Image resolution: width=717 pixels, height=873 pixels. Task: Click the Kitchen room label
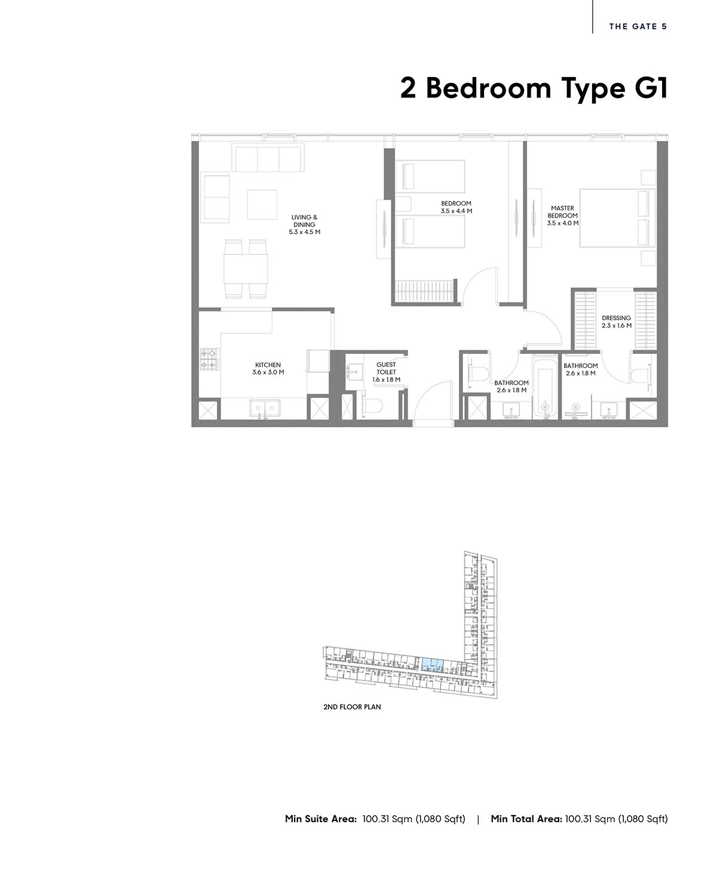[x=268, y=369]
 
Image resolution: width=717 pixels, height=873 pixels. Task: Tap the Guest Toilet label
[x=386, y=372]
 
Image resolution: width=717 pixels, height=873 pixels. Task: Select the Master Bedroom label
[x=563, y=216]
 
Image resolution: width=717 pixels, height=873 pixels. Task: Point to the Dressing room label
[x=617, y=321]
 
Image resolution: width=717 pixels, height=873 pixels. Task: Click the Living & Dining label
[x=304, y=224]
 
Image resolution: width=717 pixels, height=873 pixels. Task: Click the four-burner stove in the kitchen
[x=210, y=359]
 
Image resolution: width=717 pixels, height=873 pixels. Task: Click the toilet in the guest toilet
[x=371, y=406]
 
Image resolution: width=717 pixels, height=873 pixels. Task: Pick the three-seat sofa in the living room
[x=268, y=157]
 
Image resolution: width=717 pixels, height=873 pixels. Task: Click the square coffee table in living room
[x=262, y=204]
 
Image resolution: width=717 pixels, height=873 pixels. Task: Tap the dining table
[x=246, y=269]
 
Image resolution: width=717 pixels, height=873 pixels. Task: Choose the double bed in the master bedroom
[x=617, y=218]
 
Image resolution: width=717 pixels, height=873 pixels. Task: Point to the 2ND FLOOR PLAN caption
[x=353, y=707]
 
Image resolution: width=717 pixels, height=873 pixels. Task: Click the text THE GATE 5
[x=638, y=26]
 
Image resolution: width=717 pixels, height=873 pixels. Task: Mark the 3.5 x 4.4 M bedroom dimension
[x=456, y=211]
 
